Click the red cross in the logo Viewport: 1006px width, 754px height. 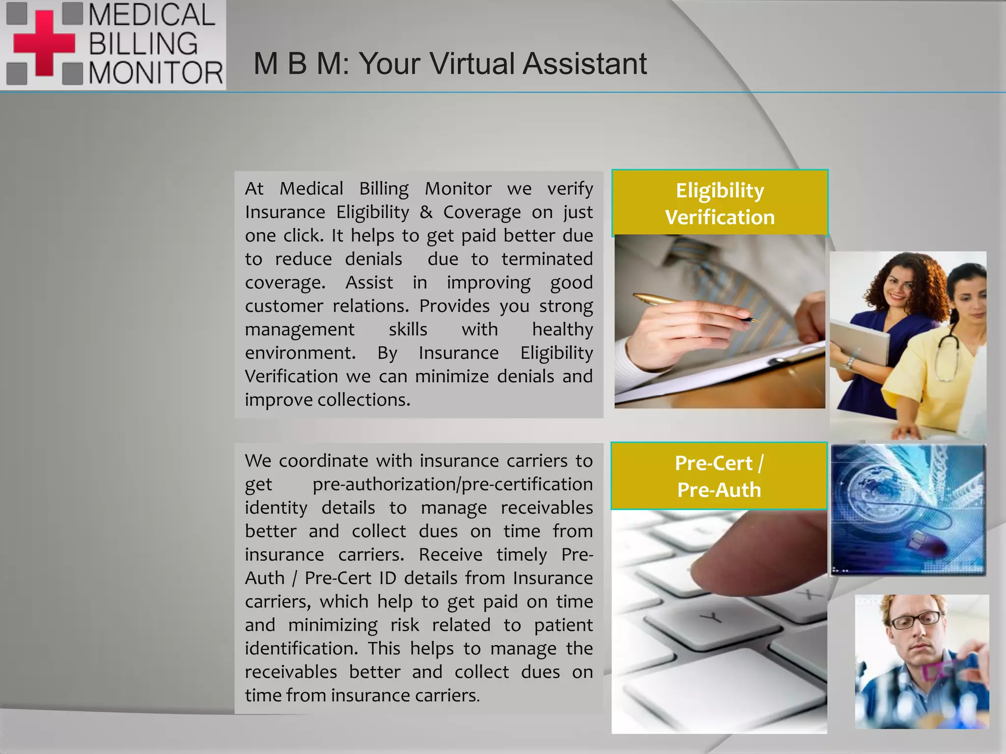44,43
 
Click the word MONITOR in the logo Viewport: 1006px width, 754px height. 156,73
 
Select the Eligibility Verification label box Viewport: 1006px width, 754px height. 720,203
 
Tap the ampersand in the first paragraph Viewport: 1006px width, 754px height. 426,212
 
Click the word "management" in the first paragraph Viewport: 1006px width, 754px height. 300,329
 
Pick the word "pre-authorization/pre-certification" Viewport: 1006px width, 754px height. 452,485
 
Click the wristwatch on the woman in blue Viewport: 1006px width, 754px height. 849,364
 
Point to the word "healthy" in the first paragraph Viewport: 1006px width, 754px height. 562,329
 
